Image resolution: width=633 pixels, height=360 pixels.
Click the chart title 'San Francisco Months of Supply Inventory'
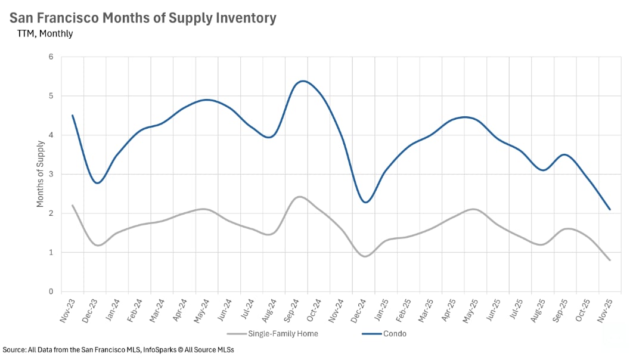pos(143,18)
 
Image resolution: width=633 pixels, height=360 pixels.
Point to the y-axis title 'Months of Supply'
pos(41,173)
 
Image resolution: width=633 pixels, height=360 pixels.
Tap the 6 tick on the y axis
pos(51,57)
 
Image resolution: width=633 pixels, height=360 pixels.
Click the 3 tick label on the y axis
pos(51,174)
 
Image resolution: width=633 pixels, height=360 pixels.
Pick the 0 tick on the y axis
pos(51,291)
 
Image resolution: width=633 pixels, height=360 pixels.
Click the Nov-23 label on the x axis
pos(68,312)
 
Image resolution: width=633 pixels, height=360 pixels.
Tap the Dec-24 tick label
pos(359,312)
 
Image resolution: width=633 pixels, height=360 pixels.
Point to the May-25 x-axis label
pos(471,312)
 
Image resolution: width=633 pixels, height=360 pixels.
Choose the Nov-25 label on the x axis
pos(605,312)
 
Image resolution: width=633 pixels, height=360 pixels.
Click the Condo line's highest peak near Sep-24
pos(303,81)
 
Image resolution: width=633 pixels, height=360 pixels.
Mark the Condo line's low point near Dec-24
pos(365,203)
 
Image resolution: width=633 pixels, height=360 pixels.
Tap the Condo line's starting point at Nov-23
pos(73,116)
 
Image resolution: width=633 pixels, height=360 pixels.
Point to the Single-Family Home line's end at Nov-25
pos(610,260)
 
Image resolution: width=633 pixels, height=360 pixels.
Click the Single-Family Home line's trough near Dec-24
pos(365,256)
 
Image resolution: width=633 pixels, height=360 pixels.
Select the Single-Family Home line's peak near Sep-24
pos(300,197)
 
